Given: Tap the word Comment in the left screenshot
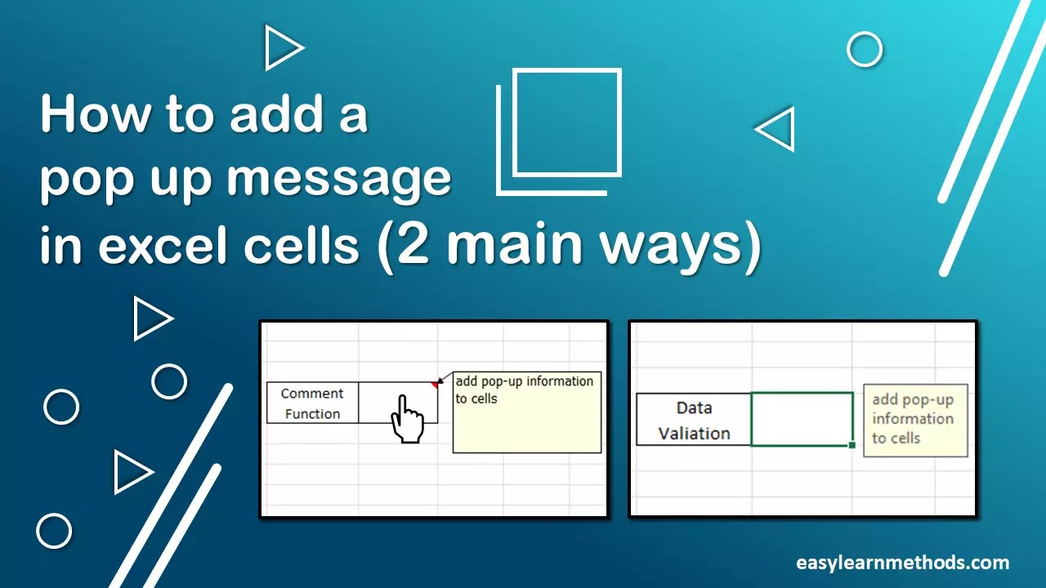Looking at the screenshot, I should pyautogui.click(x=312, y=394).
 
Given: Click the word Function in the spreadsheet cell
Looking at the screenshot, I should pyautogui.click(x=312, y=414).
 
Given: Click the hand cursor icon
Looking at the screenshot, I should pyautogui.click(x=406, y=419).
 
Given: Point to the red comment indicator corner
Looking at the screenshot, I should pyautogui.click(x=435, y=384).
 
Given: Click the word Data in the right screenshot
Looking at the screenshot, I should pyautogui.click(x=694, y=408).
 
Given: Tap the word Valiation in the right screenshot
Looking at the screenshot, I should pyautogui.click(x=694, y=434).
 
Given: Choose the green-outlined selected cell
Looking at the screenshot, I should pyautogui.click(x=802, y=419).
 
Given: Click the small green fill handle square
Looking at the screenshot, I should pyautogui.click(x=852, y=445).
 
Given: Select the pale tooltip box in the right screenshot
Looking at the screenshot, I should pyautogui.click(x=915, y=420).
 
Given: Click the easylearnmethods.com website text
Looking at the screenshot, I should pyautogui.click(x=902, y=563).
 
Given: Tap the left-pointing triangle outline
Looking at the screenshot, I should pyautogui.click(x=776, y=129).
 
